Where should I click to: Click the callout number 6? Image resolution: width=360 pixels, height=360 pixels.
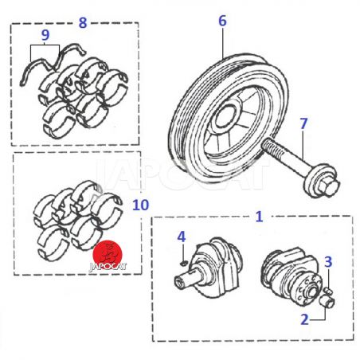pyautogui.click(x=222, y=21)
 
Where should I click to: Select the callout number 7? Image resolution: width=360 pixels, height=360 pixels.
pyautogui.click(x=303, y=123)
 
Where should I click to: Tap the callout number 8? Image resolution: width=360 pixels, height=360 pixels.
pyautogui.click(x=83, y=22)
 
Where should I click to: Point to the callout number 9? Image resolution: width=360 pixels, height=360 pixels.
pyautogui.click(x=45, y=35)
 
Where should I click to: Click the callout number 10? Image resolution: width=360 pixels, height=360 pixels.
pyautogui.click(x=141, y=205)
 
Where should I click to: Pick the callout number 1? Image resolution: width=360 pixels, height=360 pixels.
pyautogui.click(x=259, y=217)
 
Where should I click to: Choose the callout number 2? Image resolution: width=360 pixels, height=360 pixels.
pyautogui.click(x=304, y=319)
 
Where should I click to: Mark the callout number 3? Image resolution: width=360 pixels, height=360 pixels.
pyautogui.click(x=328, y=262)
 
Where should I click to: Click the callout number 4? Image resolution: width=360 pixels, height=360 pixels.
pyautogui.click(x=182, y=237)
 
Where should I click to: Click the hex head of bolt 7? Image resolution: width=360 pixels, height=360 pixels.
pyautogui.click(x=329, y=187)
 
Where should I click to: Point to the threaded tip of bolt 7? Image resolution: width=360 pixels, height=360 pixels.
pyautogui.click(x=266, y=146)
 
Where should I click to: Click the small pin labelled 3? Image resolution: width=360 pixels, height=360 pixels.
pyautogui.click(x=329, y=291)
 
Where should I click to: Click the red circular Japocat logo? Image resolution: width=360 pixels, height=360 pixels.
pyautogui.click(x=108, y=254)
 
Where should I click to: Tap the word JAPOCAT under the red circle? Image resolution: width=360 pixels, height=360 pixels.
pyautogui.click(x=108, y=267)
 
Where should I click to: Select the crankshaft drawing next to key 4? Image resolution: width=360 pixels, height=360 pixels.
pyautogui.click(x=209, y=268)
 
